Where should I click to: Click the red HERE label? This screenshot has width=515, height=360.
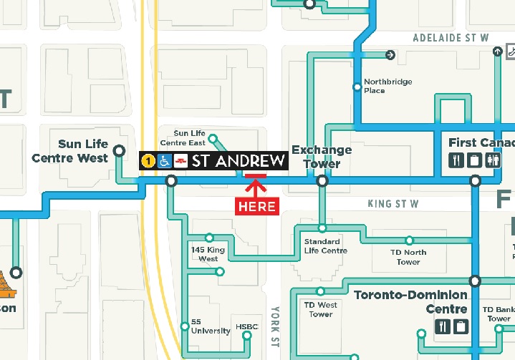(x=256, y=206)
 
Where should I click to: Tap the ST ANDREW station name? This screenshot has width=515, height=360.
(x=239, y=161)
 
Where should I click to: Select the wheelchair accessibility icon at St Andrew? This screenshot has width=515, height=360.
(x=164, y=161)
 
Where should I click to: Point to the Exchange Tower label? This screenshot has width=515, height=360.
(x=322, y=157)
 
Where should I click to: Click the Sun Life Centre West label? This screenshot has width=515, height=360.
(x=69, y=151)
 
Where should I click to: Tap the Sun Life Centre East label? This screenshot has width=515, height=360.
(x=189, y=138)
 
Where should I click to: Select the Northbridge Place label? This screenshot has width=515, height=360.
(x=388, y=86)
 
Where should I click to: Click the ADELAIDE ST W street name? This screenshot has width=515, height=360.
(x=451, y=37)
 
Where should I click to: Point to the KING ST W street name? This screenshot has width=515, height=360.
(x=393, y=204)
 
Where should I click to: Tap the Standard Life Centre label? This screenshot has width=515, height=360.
(x=325, y=246)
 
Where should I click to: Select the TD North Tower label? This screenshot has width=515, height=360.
(x=408, y=257)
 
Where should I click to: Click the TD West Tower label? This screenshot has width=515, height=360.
(x=320, y=309)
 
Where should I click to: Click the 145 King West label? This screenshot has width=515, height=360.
(x=208, y=254)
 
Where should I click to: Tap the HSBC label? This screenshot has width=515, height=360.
(x=246, y=328)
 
